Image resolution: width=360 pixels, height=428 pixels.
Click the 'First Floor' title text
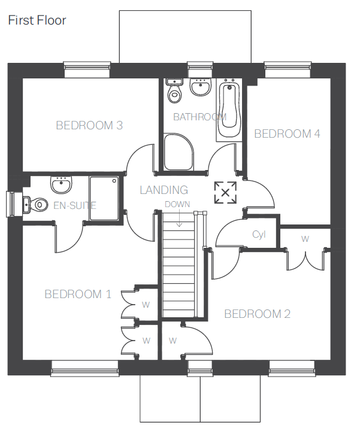pos(37,20)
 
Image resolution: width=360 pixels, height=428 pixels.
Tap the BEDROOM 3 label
pos(89,125)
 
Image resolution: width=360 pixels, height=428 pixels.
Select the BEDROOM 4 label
pos(287,133)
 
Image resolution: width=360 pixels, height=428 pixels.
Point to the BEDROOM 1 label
pos(78,294)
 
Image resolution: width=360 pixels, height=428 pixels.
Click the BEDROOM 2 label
pos(257,314)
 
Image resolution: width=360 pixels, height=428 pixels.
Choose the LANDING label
pos(164,190)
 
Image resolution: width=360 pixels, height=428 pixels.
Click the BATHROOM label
pos(199,117)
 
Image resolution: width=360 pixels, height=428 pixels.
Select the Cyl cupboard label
pos(259,235)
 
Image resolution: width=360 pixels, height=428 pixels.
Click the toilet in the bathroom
pos(174,92)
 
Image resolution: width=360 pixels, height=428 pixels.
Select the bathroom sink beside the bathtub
pos(200,88)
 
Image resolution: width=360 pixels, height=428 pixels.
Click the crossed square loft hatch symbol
pos(225,192)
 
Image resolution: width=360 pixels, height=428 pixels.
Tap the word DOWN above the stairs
pos(177,204)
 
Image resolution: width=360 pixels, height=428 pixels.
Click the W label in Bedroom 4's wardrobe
pos(305,239)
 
